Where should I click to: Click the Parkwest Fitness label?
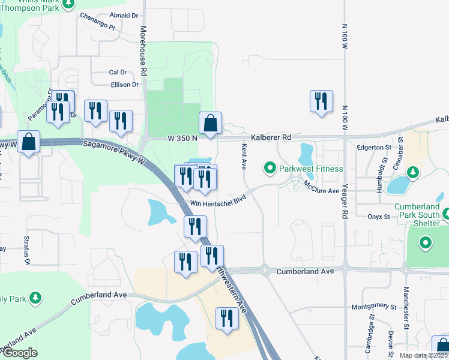[x=310, y=169]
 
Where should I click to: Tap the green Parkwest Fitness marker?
[x=270, y=169]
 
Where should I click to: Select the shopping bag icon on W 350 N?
[x=211, y=124]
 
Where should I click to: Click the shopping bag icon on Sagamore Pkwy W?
[x=29, y=142]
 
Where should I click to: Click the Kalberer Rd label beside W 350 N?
[x=271, y=137]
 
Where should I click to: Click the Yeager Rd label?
[x=345, y=204]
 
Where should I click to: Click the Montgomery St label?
[x=375, y=306]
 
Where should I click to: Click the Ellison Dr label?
[x=124, y=85]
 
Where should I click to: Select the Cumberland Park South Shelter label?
[x=421, y=211]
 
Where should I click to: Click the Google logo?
[x=20, y=353]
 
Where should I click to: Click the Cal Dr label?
[x=118, y=72]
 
